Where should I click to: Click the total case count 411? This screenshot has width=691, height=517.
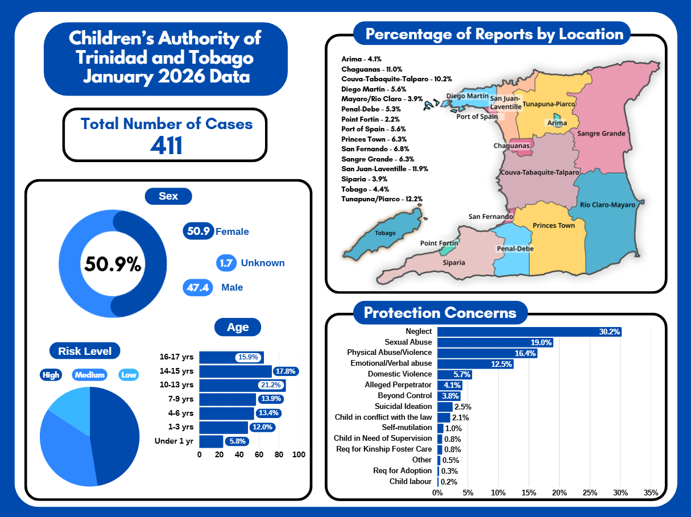click(x=166, y=145)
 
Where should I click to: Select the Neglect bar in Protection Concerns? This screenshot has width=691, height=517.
click(x=529, y=332)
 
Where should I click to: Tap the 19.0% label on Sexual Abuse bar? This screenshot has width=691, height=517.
click(x=541, y=342)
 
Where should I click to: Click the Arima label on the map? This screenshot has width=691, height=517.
click(x=556, y=123)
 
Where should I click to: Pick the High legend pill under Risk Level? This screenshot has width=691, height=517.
click(x=51, y=375)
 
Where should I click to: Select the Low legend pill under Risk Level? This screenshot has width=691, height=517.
click(x=129, y=375)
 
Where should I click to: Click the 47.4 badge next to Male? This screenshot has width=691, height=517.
click(x=197, y=288)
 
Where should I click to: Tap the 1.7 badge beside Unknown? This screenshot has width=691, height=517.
click(x=226, y=263)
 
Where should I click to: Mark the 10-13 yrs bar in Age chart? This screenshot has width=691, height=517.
click(x=242, y=385)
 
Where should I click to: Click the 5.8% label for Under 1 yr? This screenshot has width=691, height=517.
click(x=236, y=441)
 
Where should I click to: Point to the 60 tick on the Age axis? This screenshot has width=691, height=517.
click(x=259, y=454)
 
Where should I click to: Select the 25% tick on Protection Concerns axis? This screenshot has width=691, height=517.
click(x=590, y=492)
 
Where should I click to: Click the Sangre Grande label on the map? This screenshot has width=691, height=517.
click(x=601, y=134)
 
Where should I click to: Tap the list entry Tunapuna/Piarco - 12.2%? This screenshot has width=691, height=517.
click(x=382, y=199)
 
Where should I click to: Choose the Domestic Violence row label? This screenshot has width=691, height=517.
click(x=400, y=374)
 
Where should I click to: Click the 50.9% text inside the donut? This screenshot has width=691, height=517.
click(x=113, y=264)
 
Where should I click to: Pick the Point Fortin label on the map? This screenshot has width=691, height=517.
click(x=439, y=243)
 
